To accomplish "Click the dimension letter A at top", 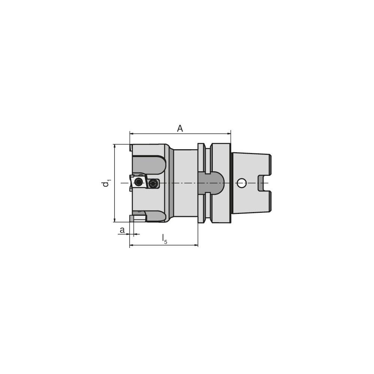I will click(180, 129).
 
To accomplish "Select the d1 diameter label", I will click(107, 183).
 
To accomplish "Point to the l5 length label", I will click(164, 239).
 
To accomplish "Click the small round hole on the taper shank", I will click(242, 183).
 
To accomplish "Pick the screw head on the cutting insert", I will click(139, 182).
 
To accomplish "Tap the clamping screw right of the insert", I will click(153, 183).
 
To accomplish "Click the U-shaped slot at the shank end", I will click(264, 183).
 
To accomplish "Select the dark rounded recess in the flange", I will click(211, 183).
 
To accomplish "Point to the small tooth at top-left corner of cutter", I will click(131, 148).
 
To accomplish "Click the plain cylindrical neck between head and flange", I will click(186, 183).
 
